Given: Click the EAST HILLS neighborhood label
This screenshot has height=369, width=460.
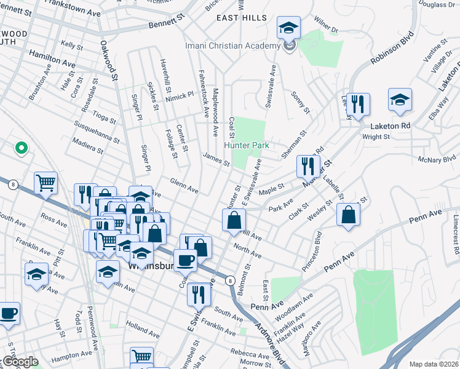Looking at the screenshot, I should click(x=242, y=18).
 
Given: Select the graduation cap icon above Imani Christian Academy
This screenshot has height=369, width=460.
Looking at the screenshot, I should click(x=287, y=28).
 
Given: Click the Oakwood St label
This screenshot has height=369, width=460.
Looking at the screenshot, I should click(x=109, y=60).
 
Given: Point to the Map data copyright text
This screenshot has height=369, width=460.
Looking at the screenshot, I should click(x=433, y=364).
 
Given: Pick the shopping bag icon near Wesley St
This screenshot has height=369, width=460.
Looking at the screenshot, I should click(x=349, y=215).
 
